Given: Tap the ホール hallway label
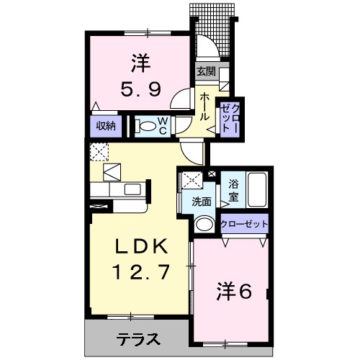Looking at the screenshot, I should point(206,106).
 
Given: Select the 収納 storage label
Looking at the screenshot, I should point(106,126).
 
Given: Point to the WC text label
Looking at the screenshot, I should point(163,126).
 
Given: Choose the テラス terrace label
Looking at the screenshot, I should point(138,338).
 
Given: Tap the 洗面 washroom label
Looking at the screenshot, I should point(202,202).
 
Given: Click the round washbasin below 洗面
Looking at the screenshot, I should point(204,223).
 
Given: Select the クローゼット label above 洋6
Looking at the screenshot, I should point(243,224).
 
